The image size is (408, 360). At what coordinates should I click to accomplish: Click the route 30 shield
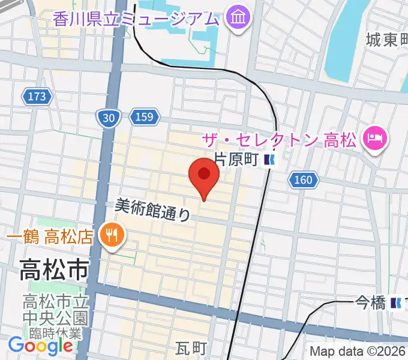coord(108,118)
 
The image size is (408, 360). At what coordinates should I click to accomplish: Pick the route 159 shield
coord(144,116)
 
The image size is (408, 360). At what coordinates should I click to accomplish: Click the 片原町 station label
coord(236,159)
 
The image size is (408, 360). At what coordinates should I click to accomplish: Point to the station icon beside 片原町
coord(271,160)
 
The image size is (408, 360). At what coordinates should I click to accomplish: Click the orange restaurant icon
coord(112,233)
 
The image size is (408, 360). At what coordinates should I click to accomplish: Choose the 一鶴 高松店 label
coord(49,235)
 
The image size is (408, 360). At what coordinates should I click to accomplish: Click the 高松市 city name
coord(54,269)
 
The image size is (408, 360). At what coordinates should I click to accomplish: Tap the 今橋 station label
coord(370,303)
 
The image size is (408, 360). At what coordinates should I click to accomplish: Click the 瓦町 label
coord(191,349)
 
